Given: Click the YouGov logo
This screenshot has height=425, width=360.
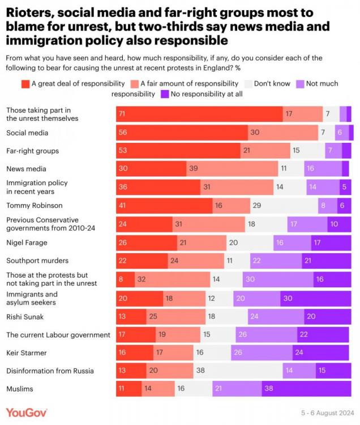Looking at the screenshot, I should pos(27,412).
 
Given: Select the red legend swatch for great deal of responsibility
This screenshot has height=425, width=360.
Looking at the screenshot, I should pos(25,84).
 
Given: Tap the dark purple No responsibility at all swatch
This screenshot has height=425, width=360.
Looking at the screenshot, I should pos(165,94).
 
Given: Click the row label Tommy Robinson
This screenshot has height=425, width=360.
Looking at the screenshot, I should pos(34,206).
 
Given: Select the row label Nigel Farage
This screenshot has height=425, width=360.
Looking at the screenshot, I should pos(28,243).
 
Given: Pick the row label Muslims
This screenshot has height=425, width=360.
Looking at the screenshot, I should pos(19,389).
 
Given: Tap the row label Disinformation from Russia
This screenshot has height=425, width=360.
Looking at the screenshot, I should pos(50,371).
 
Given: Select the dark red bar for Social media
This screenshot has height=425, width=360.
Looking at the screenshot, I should pos(181,133).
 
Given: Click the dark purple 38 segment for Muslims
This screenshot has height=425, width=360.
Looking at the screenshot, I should pos(306,389).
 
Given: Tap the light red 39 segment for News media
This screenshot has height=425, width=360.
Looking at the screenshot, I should pos(232,169).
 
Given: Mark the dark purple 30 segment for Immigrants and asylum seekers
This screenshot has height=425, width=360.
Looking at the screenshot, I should pos(315,297).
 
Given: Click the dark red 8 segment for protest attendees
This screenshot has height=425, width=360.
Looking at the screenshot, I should pos(125,279).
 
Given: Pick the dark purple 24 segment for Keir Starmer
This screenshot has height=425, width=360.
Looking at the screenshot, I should pos(321,352).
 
